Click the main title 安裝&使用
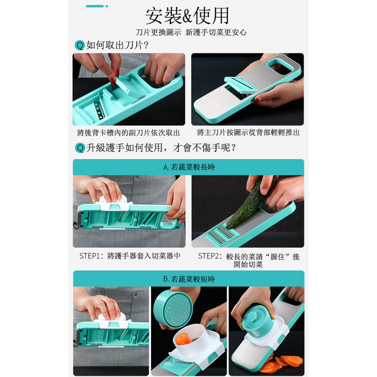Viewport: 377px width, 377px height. click(187, 16)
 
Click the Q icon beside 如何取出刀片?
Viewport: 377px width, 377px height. click(80, 45)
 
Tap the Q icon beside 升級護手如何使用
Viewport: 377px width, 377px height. click(80, 148)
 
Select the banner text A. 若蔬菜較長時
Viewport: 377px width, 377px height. click(189, 167)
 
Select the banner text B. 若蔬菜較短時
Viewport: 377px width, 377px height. click(189, 279)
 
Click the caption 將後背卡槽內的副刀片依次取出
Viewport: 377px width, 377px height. click(128, 133)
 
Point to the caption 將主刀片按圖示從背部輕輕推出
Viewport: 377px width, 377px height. click(248, 133)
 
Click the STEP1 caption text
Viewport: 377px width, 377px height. click(130, 256)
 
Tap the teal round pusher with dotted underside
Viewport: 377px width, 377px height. click(173, 309)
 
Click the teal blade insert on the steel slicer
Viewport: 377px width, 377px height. click(240, 85)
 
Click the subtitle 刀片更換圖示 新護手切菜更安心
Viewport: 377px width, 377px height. click(191, 32)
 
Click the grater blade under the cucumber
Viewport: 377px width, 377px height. click(222, 235)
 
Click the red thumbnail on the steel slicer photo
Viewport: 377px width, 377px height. click(257, 100)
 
